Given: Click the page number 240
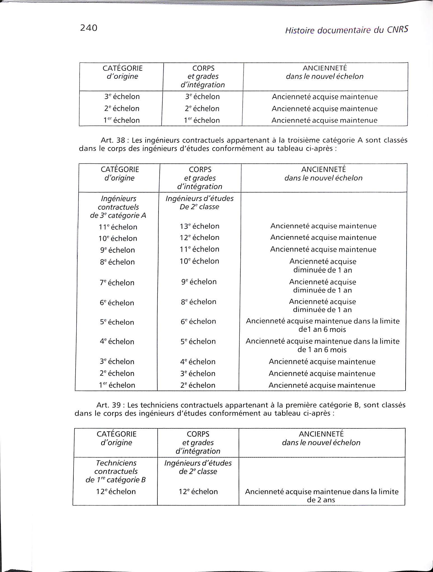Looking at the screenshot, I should click(x=89, y=28).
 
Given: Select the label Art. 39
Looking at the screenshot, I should click(x=110, y=405).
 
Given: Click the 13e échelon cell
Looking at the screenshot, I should click(x=200, y=226).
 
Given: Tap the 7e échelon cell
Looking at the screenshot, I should click(x=117, y=283).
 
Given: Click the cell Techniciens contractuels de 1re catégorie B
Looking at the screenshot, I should click(x=116, y=471).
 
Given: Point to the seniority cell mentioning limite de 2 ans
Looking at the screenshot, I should click(x=322, y=495).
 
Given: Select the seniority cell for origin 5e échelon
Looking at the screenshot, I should click(x=323, y=325).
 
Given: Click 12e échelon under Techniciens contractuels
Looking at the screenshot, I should click(x=116, y=492).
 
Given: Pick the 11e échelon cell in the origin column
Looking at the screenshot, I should click(x=118, y=227).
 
